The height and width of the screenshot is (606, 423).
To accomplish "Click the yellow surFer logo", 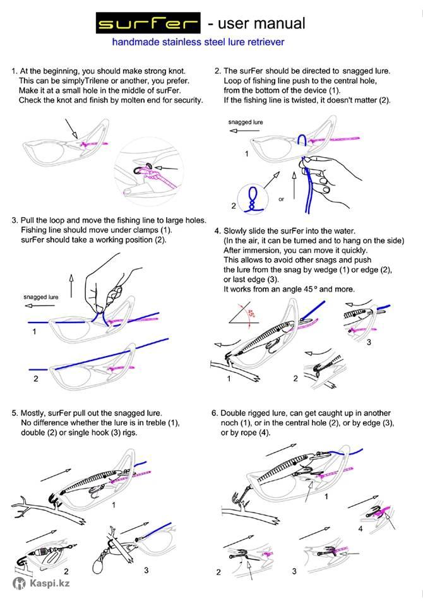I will (148, 25).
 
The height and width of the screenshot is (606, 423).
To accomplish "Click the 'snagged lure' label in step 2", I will (245, 122).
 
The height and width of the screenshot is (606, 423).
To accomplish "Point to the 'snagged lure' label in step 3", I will (41, 296).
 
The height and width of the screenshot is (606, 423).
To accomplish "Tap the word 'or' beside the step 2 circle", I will (281, 199).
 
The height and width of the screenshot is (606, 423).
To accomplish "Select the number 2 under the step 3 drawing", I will (36, 379).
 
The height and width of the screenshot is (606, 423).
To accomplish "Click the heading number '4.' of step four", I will (218, 231).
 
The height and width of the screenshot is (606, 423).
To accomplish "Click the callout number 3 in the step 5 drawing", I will (146, 570).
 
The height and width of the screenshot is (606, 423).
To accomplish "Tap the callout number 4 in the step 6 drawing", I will (360, 529).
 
